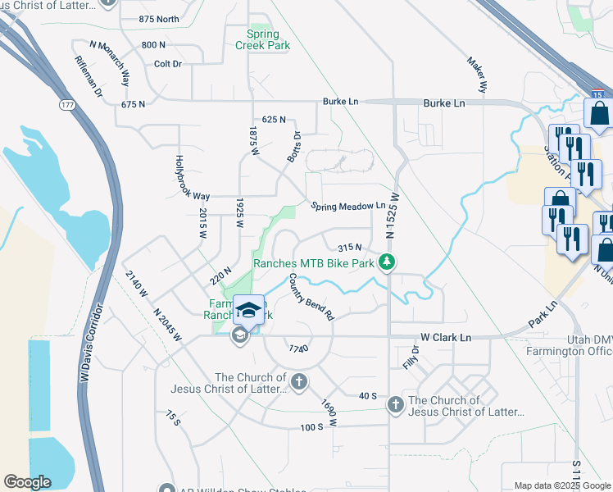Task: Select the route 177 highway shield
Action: click(67, 104)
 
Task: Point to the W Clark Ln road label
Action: click(446, 337)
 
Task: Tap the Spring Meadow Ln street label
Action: click(347, 207)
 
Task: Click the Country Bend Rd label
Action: click(311, 297)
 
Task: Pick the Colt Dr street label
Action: click(167, 63)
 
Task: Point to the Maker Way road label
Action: click(477, 74)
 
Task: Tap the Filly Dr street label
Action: click(410, 357)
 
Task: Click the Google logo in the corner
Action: click(27, 482)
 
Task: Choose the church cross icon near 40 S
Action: click(395, 403)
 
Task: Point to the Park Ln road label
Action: click(543, 310)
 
